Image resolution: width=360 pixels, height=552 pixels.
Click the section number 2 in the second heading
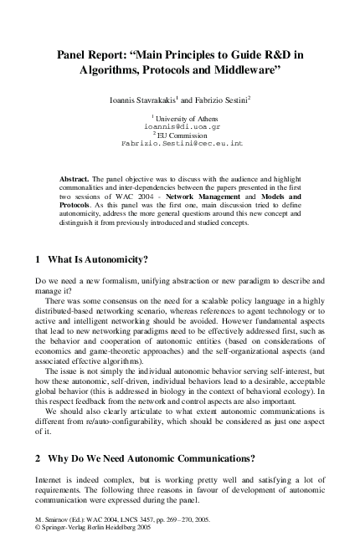(38, 458)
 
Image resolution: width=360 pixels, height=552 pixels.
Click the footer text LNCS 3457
(141, 519)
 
